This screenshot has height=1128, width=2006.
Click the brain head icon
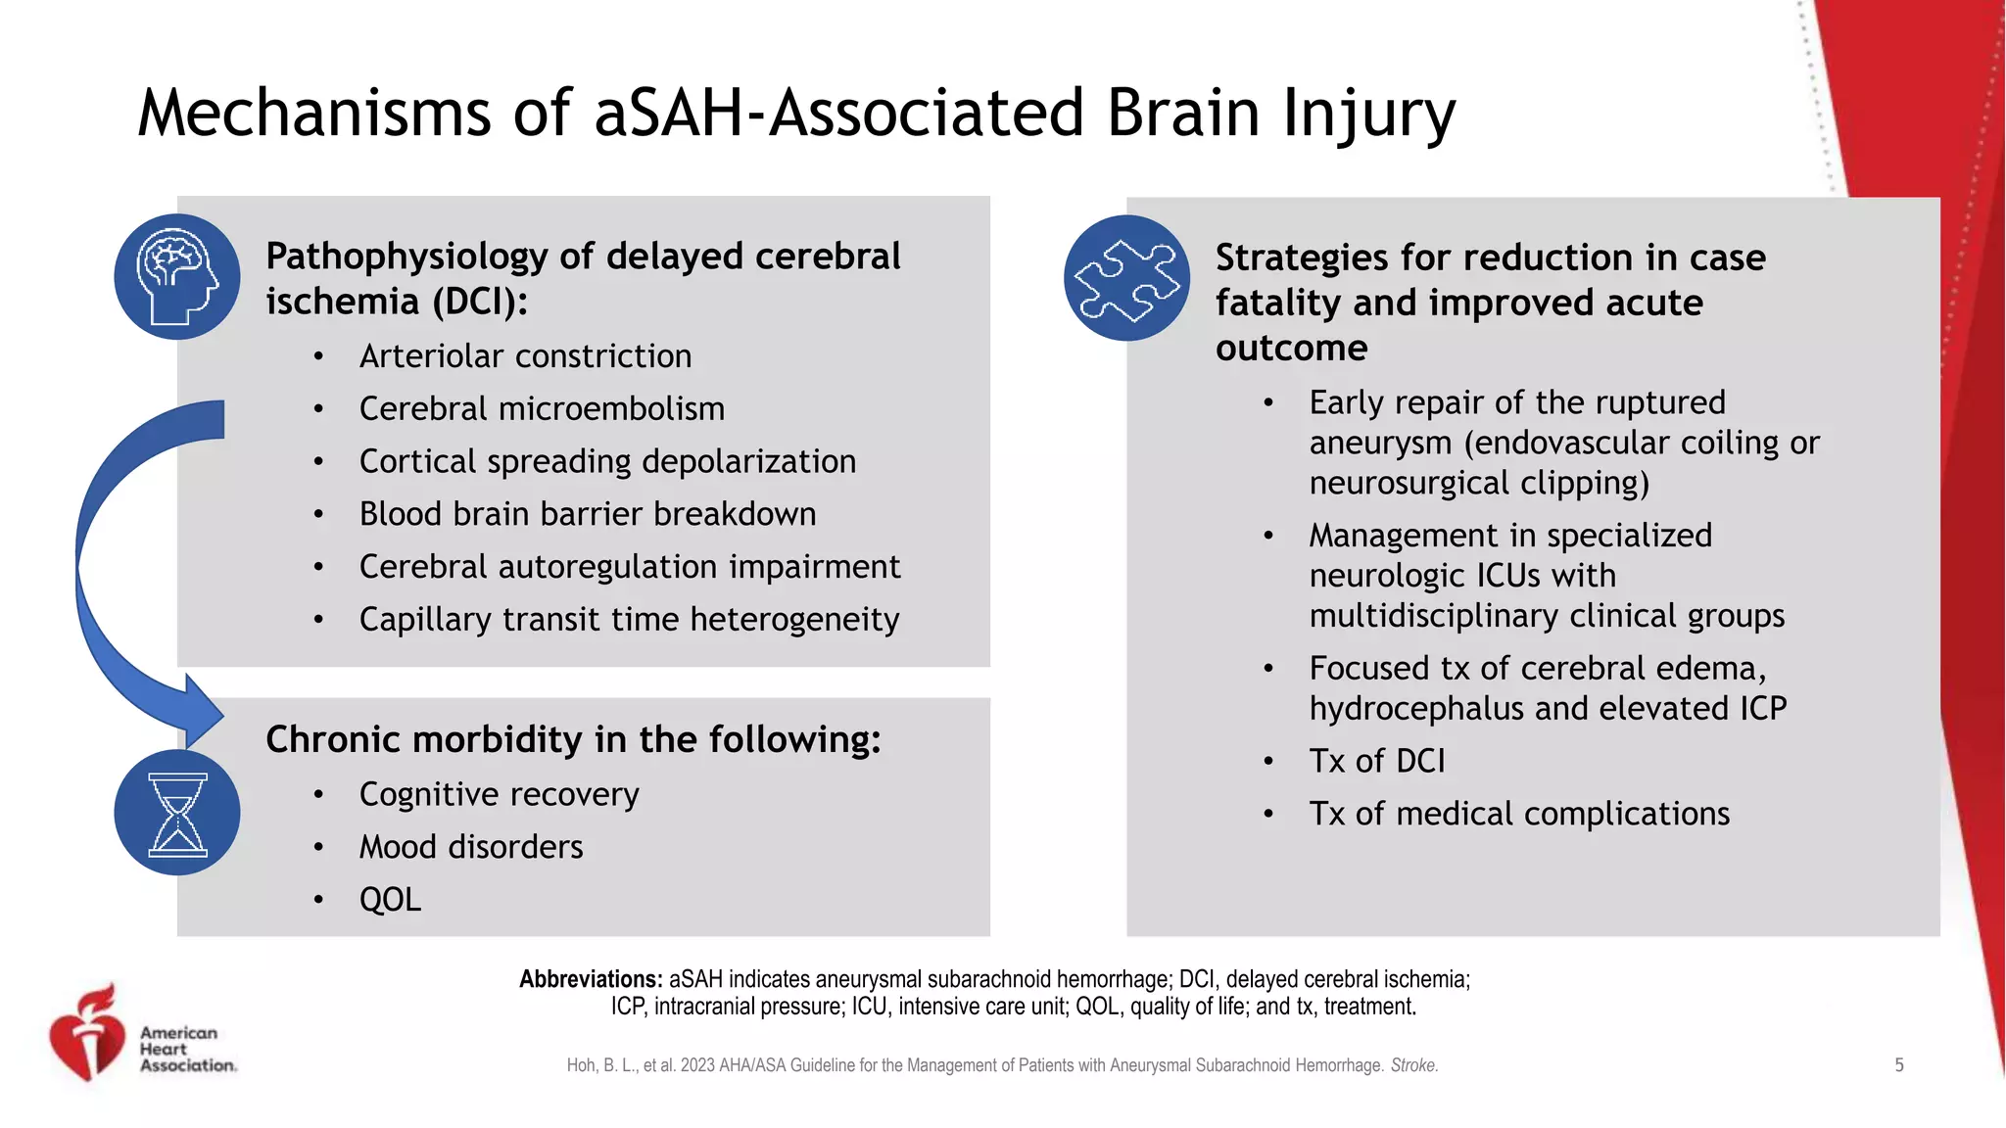[177, 277]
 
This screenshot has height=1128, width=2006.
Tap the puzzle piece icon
[1126, 279]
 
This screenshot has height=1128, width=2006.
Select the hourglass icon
[177, 813]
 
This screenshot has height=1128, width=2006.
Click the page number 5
[1898, 1065]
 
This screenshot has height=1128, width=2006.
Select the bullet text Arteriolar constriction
[525, 356]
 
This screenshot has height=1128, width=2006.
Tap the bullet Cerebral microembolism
[542, 409]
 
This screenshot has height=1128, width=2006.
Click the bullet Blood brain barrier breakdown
[587, 514]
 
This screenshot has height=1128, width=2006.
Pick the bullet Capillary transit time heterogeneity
[629, 620]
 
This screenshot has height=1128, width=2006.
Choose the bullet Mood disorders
[470, 847]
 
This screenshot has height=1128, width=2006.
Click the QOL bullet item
[390, 900]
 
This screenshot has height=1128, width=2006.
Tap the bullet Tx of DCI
[1376, 761]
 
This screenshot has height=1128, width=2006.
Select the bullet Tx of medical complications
[1519, 814]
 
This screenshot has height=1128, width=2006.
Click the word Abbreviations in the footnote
[591, 979]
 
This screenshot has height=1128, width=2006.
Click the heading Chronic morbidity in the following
[573, 739]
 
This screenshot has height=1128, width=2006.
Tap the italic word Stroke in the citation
[1413, 1065]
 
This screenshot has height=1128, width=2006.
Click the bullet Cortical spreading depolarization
[607, 462]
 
